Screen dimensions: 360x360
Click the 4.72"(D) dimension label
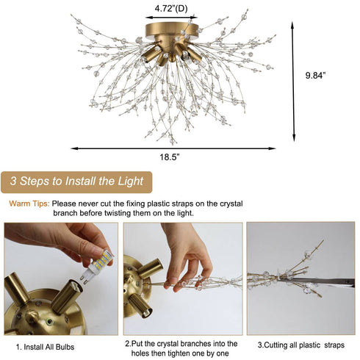click(170, 9)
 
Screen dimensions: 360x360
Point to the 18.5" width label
click(170, 157)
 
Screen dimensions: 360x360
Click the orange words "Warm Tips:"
click(29, 203)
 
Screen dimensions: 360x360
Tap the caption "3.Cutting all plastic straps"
click(300, 344)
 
